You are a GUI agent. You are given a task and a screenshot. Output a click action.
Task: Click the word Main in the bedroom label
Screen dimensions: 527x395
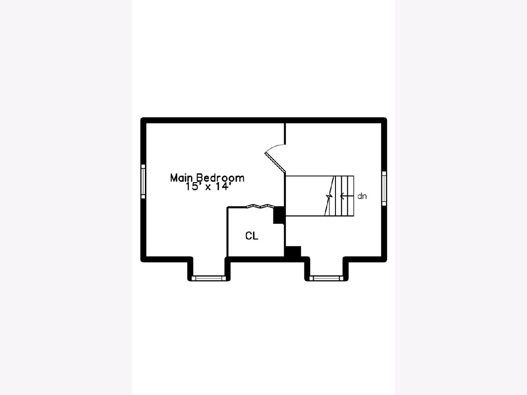click(x=181, y=178)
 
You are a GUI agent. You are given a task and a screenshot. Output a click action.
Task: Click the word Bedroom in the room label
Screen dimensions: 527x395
click(x=220, y=178)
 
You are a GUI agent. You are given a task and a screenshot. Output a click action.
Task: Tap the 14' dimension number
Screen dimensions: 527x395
click(x=223, y=187)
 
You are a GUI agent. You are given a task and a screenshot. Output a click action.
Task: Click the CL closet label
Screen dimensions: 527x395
click(x=252, y=236)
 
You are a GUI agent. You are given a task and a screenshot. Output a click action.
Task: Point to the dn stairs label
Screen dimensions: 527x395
click(x=362, y=196)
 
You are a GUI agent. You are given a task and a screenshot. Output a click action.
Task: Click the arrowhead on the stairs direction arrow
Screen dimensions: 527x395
click(x=342, y=196)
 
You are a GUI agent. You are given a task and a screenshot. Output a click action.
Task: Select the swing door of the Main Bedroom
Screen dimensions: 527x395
click(x=275, y=162)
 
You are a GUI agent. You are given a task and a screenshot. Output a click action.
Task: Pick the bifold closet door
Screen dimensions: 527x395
click(x=260, y=206)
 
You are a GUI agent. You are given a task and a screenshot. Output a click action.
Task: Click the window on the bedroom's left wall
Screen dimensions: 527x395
click(x=143, y=181)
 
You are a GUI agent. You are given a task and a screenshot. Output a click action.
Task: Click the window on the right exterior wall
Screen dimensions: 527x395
click(x=384, y=189)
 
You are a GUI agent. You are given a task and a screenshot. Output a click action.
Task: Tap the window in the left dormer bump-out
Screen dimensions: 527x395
click(x=209, y=278)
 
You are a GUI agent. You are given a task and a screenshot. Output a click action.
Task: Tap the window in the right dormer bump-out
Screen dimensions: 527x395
click(x=327, y=278)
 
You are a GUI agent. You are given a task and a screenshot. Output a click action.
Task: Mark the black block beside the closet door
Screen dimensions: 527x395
click(x=279, y=215)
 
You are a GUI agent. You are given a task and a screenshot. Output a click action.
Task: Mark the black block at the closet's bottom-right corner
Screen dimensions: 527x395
click(x=292, y=252)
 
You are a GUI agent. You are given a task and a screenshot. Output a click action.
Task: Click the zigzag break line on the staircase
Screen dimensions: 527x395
click(x=329, y=196)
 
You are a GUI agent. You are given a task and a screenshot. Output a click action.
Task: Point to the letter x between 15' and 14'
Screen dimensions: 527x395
click(x=208, y=187)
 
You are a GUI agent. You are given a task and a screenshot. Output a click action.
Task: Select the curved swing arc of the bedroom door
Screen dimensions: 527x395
click(x=274, y=147)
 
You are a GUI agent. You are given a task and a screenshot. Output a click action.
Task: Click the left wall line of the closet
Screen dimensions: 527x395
click(x=227, y=232)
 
